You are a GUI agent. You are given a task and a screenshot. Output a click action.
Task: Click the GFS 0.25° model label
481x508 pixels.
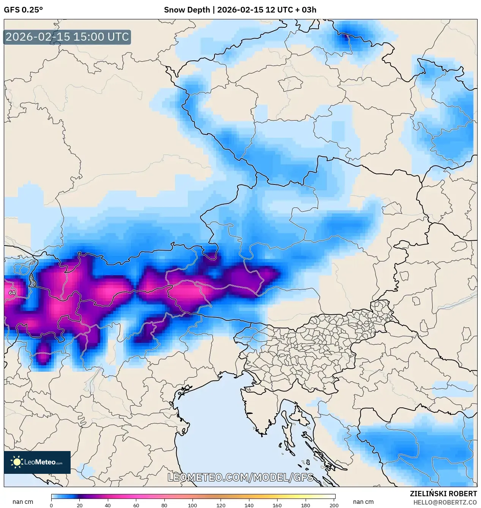(23, 10)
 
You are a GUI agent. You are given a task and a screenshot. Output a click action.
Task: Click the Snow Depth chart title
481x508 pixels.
(240, 10)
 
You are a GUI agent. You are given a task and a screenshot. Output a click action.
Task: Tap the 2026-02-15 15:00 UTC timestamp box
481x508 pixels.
(67, 37)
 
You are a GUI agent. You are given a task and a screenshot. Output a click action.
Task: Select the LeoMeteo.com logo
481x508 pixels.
(37, 462)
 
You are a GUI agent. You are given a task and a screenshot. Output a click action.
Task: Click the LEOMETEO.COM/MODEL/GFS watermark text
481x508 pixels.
(240, 477)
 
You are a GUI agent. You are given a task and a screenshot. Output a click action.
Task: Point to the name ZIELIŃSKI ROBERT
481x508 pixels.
(443, 494)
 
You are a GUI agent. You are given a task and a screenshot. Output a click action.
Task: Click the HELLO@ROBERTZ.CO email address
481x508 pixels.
(445, 502)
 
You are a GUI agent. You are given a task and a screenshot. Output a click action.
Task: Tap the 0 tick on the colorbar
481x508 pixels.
(51, 505)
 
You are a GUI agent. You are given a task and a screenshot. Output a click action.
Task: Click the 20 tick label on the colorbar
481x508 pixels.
(79, 505)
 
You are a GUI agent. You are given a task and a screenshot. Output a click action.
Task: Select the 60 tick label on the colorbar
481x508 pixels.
(136, 505)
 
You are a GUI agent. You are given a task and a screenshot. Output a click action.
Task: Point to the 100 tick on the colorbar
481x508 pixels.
(192, 505)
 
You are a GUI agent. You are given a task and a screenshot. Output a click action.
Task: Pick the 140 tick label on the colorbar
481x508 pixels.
(249, 505)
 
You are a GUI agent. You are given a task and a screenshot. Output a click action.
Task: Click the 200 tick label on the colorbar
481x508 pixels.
(334, 505)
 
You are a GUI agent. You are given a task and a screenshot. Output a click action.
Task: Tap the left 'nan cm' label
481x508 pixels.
(23, 502)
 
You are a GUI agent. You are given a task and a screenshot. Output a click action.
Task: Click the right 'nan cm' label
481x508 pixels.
(363, 502)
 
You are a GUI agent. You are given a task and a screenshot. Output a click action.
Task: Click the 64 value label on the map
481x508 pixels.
(12, 293)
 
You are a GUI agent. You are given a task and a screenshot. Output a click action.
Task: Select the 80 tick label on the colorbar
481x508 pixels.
(164, 505)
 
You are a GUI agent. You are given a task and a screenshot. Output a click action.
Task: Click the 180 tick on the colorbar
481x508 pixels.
(306, 505)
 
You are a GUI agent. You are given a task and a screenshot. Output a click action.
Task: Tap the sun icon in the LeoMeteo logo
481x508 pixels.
(17, 462)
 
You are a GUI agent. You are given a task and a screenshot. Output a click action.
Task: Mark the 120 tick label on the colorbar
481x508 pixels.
(221, 505)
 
